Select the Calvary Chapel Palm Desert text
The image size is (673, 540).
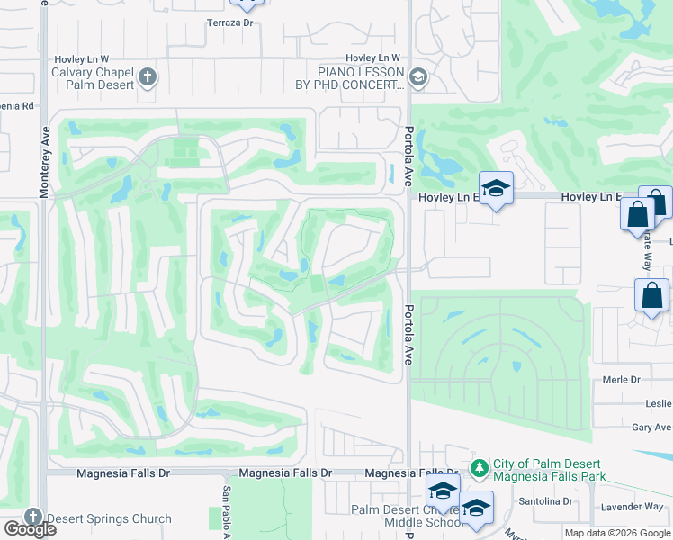point(93,78)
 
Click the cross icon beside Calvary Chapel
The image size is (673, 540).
point(148,78)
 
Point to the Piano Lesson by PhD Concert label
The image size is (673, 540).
point(361,78)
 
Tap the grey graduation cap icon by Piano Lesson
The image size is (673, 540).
point(417,78)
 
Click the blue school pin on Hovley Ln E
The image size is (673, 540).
point(496,189)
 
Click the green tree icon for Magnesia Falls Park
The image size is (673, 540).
point(479,468)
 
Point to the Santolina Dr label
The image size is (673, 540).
point(552,500)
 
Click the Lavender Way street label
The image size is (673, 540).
point(639,508)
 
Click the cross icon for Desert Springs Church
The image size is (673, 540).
point(33,517)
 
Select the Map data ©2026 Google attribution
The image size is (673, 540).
point(617,533)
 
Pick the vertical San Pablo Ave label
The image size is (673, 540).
point(226,513)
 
